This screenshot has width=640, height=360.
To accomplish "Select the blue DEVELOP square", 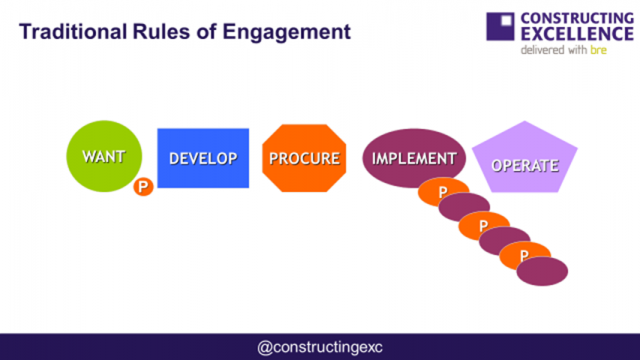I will [x=203, y=158].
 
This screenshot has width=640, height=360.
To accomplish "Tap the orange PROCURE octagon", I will [x=302, y=158].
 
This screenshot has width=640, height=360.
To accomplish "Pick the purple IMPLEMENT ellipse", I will [x=413, y=159].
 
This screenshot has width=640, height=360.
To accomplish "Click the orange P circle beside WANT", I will [x=143, y=186].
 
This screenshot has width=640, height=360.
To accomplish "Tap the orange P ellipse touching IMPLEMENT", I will [x=441, y=190].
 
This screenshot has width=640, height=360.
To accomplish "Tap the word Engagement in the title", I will [x=285, y=32].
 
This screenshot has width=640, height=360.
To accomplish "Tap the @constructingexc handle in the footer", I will [x=320, y=347].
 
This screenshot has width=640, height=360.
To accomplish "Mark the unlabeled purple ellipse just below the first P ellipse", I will [x=464, y=208].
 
